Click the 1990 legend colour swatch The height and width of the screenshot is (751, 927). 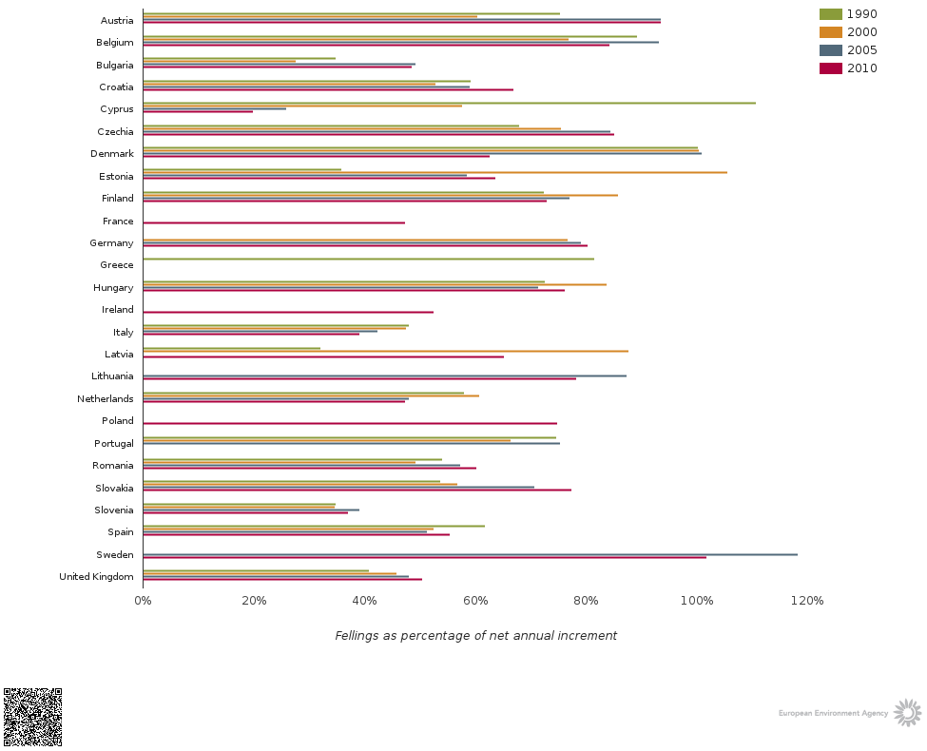click(830, 14)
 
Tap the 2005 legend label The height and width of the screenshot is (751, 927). click(862, 50)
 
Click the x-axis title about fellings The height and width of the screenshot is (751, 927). click(475, 636)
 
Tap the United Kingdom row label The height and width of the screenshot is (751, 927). click(96, 577)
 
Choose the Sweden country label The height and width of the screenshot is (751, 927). click(115, 555)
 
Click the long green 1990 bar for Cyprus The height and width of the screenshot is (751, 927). click(449, 103)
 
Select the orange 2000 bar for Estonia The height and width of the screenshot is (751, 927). click(435, 172)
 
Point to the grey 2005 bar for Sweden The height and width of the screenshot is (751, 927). click(470, 554)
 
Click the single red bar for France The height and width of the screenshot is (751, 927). click(274, 222)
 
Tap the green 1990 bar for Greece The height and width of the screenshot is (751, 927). click(368, 259)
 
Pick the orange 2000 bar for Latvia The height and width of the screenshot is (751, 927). click(385, 351)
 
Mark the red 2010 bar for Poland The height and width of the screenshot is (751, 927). click(350, 423)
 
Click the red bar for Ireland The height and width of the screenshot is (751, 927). click(288, 312)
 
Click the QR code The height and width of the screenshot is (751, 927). click(32, 717)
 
